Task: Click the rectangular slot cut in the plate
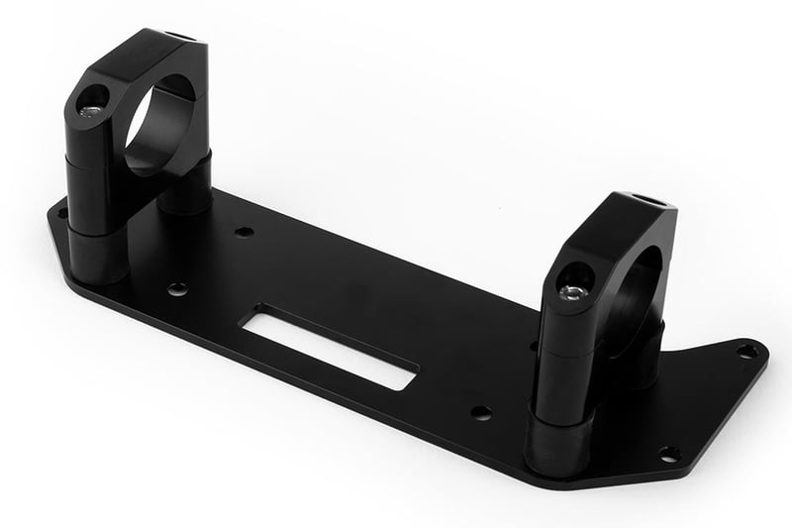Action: click(x=331, y=347)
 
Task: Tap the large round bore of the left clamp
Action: click(x=159, y=124)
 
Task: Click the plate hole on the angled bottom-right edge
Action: click(x=669, y=454)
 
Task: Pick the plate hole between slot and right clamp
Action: click(x=481, y=412)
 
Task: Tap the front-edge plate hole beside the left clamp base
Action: click(x=177, y=289)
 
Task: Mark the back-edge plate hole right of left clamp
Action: click(x=245, y=232)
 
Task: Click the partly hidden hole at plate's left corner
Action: click(x=62, y=212)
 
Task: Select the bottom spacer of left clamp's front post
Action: click(x=97, y=256)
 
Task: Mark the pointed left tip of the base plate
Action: click(x=49, y=213)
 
